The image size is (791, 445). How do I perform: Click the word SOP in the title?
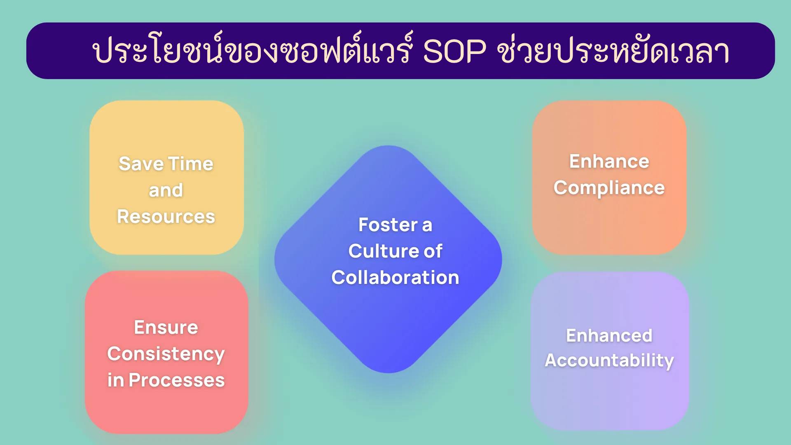point(454,52)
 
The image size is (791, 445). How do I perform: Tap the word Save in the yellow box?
point(141,164)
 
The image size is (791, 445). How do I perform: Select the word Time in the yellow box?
point(190,164)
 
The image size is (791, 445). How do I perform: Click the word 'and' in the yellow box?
point(166,190)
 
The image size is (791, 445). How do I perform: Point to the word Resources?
point(166,217)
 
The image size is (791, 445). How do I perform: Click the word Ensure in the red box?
point(166,328)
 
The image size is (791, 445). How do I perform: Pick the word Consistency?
point(166,354)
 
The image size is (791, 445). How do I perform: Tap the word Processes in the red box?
point(176,380)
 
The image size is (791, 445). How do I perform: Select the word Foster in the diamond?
point(388,225)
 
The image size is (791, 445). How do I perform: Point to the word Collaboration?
point(395,278)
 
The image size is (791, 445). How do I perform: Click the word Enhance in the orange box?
point(609,162)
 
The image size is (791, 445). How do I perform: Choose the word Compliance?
point(609,188)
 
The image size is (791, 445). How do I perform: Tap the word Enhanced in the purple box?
point(609,336)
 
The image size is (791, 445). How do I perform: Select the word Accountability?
point(609,361)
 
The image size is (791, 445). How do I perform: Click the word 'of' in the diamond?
point(433,251)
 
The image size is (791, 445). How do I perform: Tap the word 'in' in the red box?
point(115,380)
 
